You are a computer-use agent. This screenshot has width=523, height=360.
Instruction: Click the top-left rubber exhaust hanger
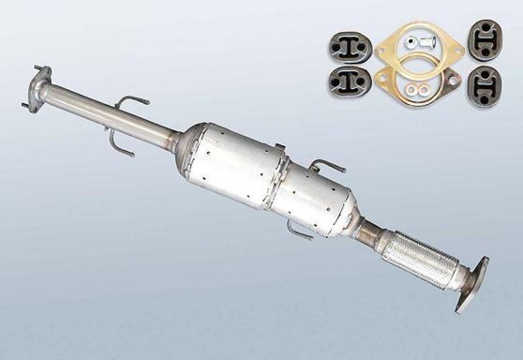coord(347,43)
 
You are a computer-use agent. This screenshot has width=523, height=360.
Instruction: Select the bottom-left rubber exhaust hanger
coord(348,82)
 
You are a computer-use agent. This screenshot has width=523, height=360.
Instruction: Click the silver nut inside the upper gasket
coord(412,40)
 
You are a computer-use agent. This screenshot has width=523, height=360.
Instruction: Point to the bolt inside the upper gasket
coord(429,40)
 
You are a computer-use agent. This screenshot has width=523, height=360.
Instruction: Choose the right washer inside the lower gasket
coord(426,90)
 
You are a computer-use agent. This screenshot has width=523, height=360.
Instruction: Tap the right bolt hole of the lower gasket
coord(455,82)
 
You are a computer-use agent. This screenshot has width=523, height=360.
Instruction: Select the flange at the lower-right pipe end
coord(471,284)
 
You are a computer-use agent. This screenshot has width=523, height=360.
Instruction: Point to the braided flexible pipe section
coord(413,254)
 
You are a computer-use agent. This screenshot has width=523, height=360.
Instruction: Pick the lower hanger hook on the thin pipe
coord(118,143)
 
